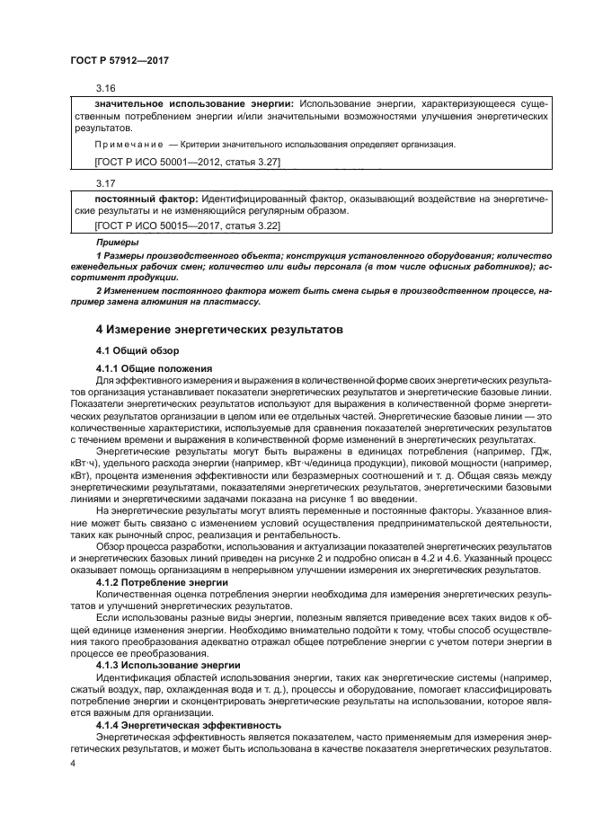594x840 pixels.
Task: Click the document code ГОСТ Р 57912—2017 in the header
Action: click(119, 59)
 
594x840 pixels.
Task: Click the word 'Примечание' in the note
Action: click(127, 145)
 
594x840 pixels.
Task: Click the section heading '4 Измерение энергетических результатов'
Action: click(218, 330)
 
